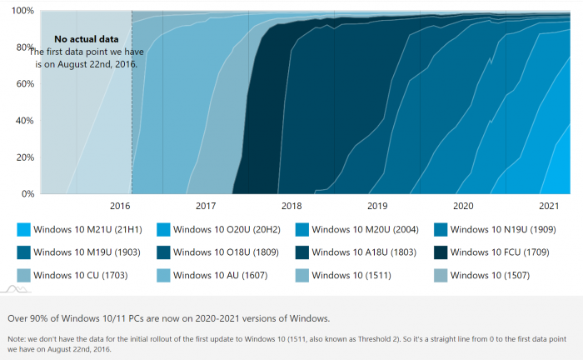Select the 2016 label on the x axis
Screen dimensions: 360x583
[120, 206]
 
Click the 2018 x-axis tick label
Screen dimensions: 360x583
[291, 206]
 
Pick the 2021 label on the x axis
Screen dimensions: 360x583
[549, 206]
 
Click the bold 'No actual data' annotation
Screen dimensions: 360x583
[87, 39]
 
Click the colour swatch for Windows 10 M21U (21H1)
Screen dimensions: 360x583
[23, 229]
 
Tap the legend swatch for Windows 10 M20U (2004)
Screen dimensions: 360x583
[303, 229]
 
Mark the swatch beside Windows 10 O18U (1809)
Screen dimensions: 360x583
[163, 252]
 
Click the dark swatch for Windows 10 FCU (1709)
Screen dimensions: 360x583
[442, 252]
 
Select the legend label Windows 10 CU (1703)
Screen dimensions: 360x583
[79, 274]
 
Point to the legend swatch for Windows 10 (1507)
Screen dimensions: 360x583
[442, 274]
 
